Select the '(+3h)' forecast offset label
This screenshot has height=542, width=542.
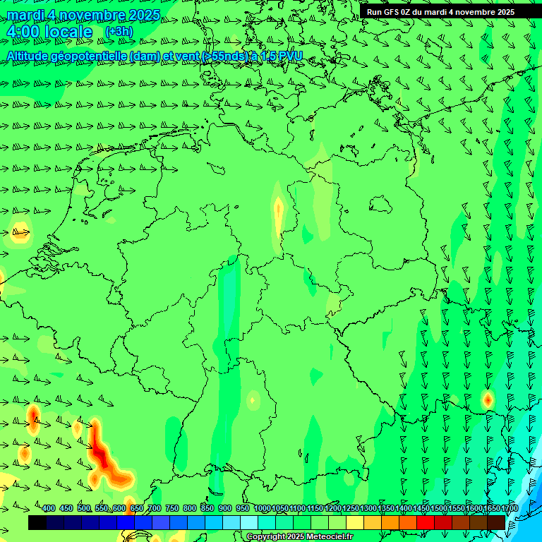tap(118, 31)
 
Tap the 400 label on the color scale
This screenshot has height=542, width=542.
tap(49, 508)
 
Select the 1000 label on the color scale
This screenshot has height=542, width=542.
tap(262, 508)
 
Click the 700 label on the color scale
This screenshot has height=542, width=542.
tap(155, 508)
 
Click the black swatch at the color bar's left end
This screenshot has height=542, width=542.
tap(37, 522)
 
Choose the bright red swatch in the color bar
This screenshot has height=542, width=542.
tap(426, 522)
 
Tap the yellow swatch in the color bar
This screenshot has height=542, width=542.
tap(355, 522)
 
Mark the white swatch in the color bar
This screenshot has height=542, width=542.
tap(249, 522)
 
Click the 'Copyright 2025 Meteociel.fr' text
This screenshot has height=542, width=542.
tap(299, 537)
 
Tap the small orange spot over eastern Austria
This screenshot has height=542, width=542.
tap(487, 399)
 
